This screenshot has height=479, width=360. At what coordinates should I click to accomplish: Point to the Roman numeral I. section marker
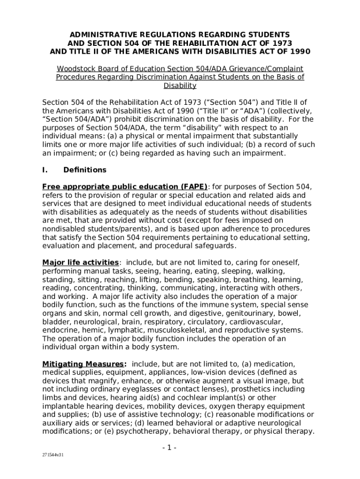pos(45,170)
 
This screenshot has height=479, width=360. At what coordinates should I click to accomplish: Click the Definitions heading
pos(85,170)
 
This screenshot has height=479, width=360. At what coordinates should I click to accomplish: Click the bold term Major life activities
pos(80,262)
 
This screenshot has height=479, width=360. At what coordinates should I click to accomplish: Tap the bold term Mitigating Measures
pos(84,364)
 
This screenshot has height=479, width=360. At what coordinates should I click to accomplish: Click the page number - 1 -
pos(169,448)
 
